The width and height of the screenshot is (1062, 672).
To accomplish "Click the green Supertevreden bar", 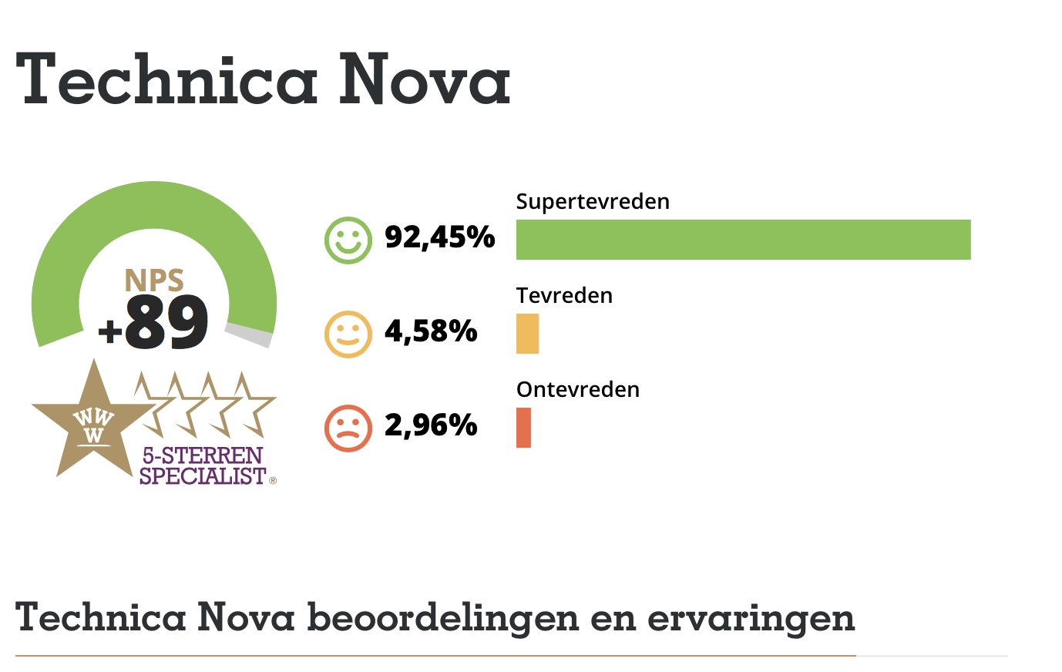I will pyautogui.click(x=743, y=240).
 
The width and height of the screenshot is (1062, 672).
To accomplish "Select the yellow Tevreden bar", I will pyautogui.click(x=527, y=334).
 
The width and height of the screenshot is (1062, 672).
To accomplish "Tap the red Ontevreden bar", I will pyautogui.click(x=523, y=428).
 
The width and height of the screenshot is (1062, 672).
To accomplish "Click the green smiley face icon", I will pyautogui.click(x=348, y=240).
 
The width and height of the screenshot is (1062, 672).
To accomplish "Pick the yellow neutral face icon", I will pyautogui.click(x=348, y=334).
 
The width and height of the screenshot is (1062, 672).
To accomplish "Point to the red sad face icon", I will pyautogui.click(x=348, y=428).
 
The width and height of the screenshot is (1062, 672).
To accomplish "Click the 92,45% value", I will pyautogui.click(x=439, y=237).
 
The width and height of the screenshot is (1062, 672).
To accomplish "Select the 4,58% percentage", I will pyautogui.click(x=431, y=331).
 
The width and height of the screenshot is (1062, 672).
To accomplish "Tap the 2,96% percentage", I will pyautogui.click(x=431, y=425).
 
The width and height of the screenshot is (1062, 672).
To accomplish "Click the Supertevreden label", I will pyautogui.click(x=593, y=202).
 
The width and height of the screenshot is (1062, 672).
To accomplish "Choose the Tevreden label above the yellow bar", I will pyautogui.click(x=564, y=296).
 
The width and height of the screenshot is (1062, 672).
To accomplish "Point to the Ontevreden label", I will pyautogui.click(x=578, y=390).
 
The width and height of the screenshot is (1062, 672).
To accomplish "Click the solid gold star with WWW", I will pyautogui.click(x=92, y=424).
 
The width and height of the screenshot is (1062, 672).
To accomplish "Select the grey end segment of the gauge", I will pyautogui.click(x=250, y=335).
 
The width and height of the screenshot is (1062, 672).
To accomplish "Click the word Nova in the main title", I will pyautogui.click(x=425, y=79).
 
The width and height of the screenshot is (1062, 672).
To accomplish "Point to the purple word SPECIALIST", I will pyautogui.click(x=203, y=476).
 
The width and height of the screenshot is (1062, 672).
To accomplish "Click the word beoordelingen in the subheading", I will pyautogui.click(x=442, y=618).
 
